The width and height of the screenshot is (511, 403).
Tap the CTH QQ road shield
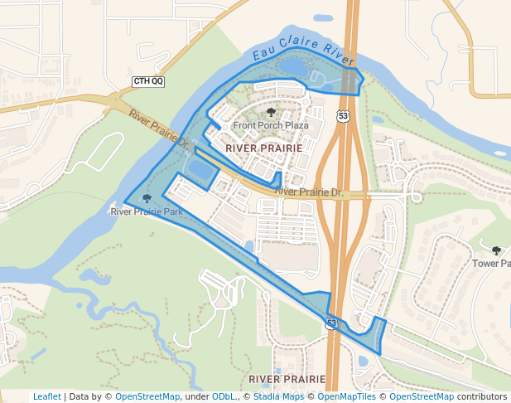(148, 81)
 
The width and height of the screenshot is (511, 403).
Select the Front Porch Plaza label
(271, 126)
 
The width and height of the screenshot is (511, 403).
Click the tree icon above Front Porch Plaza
(271, 112)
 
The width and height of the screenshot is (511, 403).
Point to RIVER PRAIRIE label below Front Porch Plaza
(263, 148)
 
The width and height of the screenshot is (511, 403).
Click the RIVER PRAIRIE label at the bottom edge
(281, 378)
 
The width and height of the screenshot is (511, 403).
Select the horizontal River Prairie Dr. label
(308, 192)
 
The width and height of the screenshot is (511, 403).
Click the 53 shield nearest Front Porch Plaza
(343, 116)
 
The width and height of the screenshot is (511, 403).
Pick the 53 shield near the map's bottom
(331, 323)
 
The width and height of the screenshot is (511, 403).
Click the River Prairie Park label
(147, 211)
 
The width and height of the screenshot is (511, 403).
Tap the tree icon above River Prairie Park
(147, 198)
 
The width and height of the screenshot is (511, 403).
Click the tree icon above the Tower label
(496, 250)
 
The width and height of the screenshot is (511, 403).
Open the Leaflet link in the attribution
(46, 396)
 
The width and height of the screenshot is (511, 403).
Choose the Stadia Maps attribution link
(277, 396)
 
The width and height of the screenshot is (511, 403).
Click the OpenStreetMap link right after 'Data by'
(147, 396)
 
